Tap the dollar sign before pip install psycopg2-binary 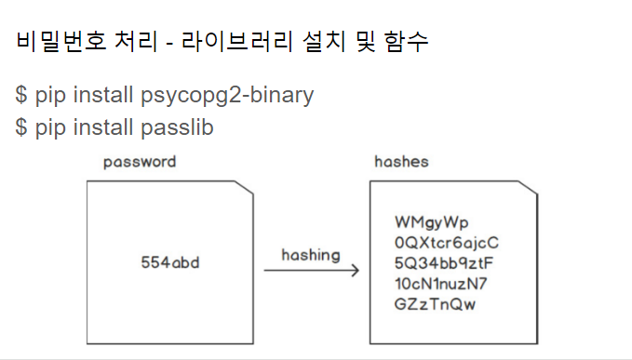click(21, 95)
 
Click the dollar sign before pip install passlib click(21, 127)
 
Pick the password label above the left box click(140, 162)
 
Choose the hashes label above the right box click(401, 162)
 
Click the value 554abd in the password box click(169, 263)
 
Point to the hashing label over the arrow click(310, 254)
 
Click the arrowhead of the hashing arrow click(356, 271)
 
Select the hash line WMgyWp click(431, 223)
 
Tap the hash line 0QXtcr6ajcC click(447, 243)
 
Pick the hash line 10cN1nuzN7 click(441, 283)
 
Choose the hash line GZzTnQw click(435, 303)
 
